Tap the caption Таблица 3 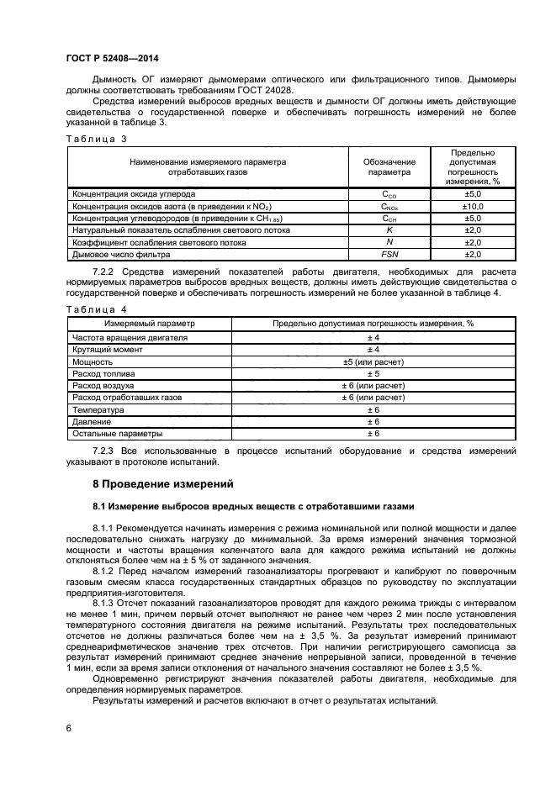tap(96, 138)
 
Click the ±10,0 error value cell tap(473, 206)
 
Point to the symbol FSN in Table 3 tap(389, 254)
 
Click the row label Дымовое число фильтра tap(122, 254)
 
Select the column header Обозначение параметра tap(389, 166)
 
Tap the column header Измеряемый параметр tap(149, 324)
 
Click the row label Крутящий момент tap(106, 349)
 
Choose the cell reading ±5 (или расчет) tap(373, 361)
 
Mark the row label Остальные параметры tap(117, 434)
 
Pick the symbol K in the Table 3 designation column tap(389, 229)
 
